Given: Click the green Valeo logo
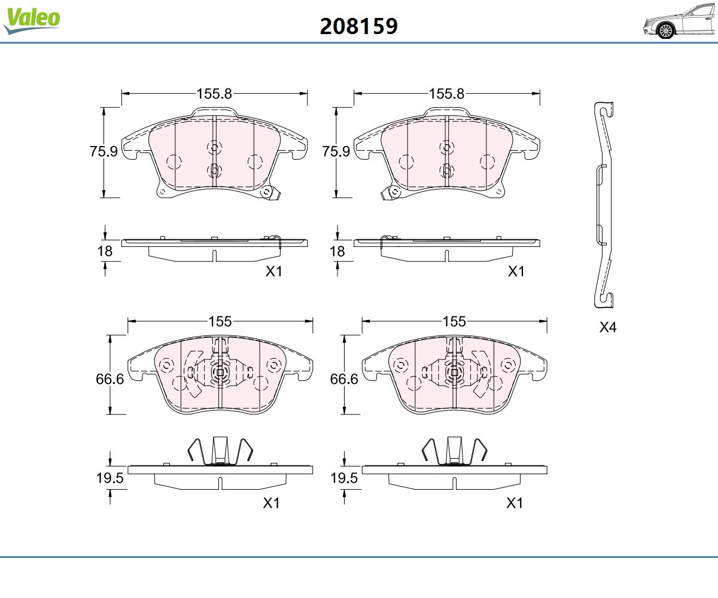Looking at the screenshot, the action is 32,20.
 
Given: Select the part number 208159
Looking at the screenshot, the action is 358,26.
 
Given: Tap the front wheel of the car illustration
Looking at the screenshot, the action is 666,30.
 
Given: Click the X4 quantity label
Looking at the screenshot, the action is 608,327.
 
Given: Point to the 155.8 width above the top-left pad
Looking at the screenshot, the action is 214,93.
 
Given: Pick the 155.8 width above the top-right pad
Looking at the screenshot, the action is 447,93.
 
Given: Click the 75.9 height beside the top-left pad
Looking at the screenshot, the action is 104,151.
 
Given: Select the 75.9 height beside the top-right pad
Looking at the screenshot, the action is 336,151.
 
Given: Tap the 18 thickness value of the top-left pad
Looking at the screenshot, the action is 105,251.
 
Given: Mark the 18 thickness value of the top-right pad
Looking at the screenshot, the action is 337,251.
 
